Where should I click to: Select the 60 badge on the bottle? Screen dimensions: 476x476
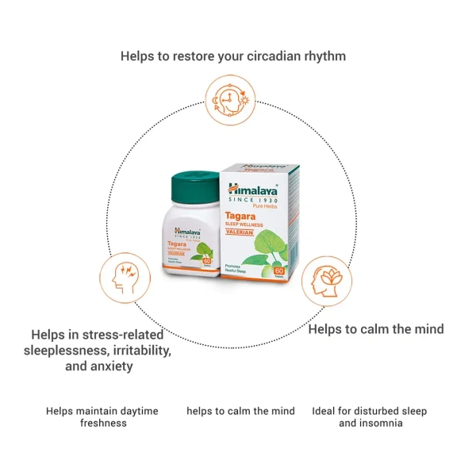[x=208, y=261]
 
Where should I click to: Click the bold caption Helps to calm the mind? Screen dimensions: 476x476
[x=375, y=328]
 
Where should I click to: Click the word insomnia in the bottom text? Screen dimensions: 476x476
[x=380, y=423]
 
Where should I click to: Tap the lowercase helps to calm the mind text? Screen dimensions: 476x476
[x=240, y=411]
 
